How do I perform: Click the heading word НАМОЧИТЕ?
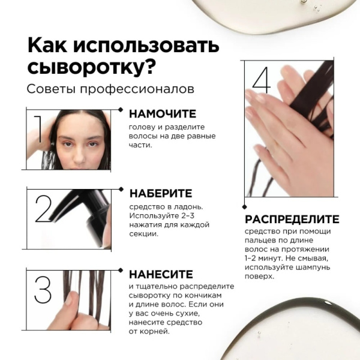pos(163,114)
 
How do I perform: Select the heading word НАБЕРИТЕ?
pos(161,193)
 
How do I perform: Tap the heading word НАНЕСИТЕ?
pos(161,274)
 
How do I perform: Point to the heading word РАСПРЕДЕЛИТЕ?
pos(292,219)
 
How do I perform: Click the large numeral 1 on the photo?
pos(38,129)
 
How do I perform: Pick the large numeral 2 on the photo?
pos(43,209)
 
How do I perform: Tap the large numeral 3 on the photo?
pos(43,290)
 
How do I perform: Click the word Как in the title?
pos(47,46)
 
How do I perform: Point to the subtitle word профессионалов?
pos(137,89)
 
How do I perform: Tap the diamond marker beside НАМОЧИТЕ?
pos(121,110)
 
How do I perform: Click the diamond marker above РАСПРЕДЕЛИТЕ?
pos(245,207)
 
